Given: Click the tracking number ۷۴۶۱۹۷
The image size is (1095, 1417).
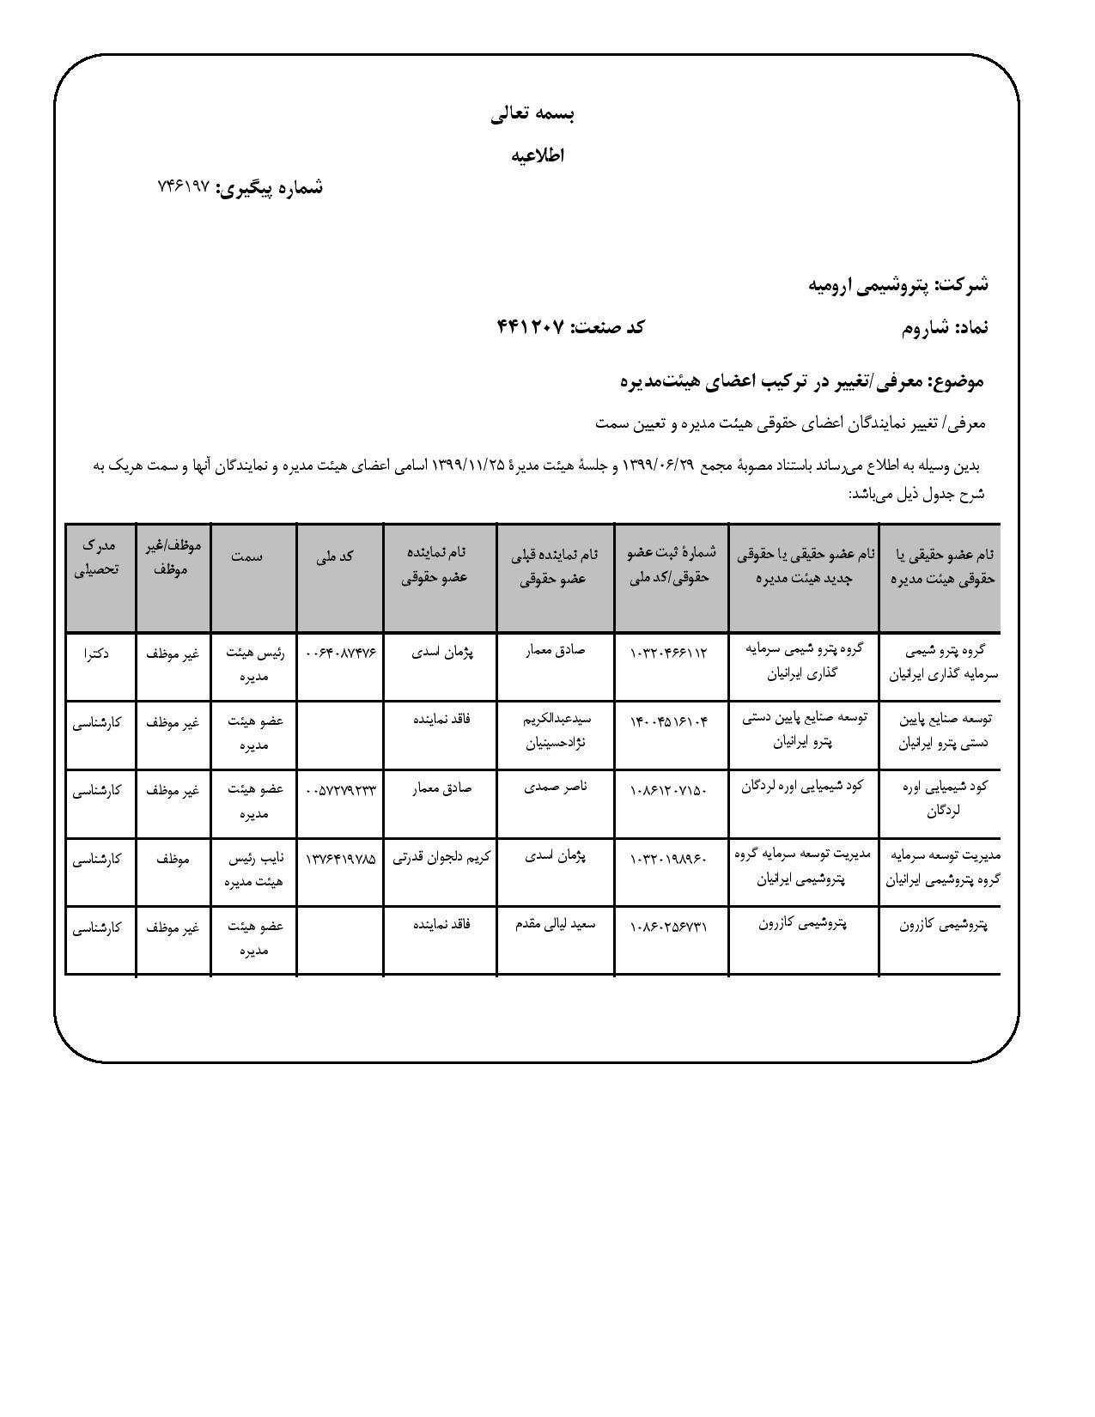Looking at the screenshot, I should click(x=185, y=186).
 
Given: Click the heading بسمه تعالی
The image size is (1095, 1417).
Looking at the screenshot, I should click(x=532, y=113).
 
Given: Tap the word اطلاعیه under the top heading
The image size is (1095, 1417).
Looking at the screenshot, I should click(x=538, y=155).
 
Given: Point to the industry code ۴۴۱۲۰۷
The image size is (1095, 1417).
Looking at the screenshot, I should click(x=531, y=327).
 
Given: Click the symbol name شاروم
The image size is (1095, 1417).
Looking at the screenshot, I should click(x=925, y=327).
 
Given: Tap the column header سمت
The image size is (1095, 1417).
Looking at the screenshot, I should click(x=247, y=556).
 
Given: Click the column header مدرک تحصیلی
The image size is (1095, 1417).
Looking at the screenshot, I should click(x=100, y=556).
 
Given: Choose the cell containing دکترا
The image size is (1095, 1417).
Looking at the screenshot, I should click(x=97, y=653).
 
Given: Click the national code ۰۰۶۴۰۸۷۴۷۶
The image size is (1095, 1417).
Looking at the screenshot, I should click(x=341, y=653).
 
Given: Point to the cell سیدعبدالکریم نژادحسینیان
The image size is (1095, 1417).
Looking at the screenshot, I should click(x=556, y=731).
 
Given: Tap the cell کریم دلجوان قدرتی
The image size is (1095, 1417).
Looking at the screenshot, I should click(x=441, y=858).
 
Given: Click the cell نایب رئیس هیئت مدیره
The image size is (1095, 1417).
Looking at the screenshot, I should click(x=250, y=869).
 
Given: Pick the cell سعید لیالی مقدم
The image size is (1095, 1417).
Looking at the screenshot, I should click(x=555, y=925).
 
